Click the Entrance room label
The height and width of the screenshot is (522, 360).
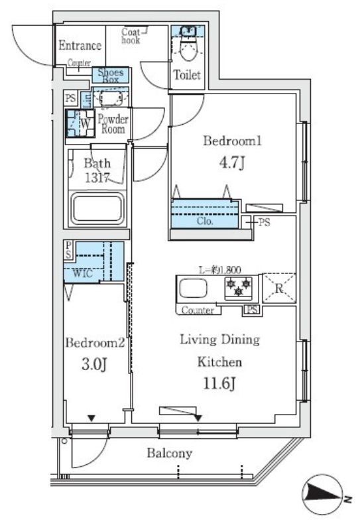tap(80, 46)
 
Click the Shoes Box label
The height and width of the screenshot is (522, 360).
tap(111, 75)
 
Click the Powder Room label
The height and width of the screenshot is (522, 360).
tap(113, 124)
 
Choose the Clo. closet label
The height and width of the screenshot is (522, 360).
tap(204, 222)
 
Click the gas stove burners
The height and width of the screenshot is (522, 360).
tap(239, 287)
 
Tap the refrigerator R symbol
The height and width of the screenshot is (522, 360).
tap(278, 288)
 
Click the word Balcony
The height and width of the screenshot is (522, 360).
tap(170, 454)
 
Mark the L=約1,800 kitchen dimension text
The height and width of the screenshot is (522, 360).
tap(220, 269)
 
